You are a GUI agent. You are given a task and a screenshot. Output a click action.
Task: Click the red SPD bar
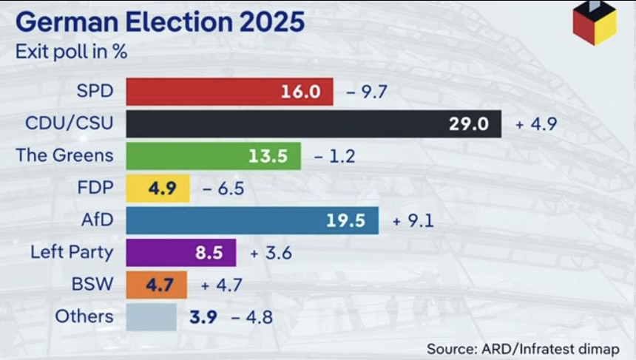tap(229, 92)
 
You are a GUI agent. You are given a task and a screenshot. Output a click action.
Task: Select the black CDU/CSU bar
tap(314, 123)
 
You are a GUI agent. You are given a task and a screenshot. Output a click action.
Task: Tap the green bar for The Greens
tap(213, 156)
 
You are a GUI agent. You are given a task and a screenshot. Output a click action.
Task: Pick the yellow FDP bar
tap(158, 188)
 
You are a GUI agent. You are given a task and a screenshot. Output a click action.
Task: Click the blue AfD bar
tap(251, 220)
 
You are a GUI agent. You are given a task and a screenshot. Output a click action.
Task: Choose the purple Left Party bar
tap(180, 252)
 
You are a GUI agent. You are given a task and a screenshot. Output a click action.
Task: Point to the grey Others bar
tap(151, 317)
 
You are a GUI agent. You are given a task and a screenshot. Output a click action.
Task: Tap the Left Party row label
tap(72, 252)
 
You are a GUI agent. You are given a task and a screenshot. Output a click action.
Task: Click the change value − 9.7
tap(368, 92)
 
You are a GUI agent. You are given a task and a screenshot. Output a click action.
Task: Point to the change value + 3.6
tap(271, 253)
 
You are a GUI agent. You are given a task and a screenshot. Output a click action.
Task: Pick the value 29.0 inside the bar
tap(469, 124)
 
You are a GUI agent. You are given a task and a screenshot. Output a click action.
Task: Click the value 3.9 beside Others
tap(203, 317)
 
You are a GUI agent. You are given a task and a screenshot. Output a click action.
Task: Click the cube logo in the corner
tap(595, 22)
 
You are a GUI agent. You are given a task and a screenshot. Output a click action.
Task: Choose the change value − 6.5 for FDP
tap(223, 189)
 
